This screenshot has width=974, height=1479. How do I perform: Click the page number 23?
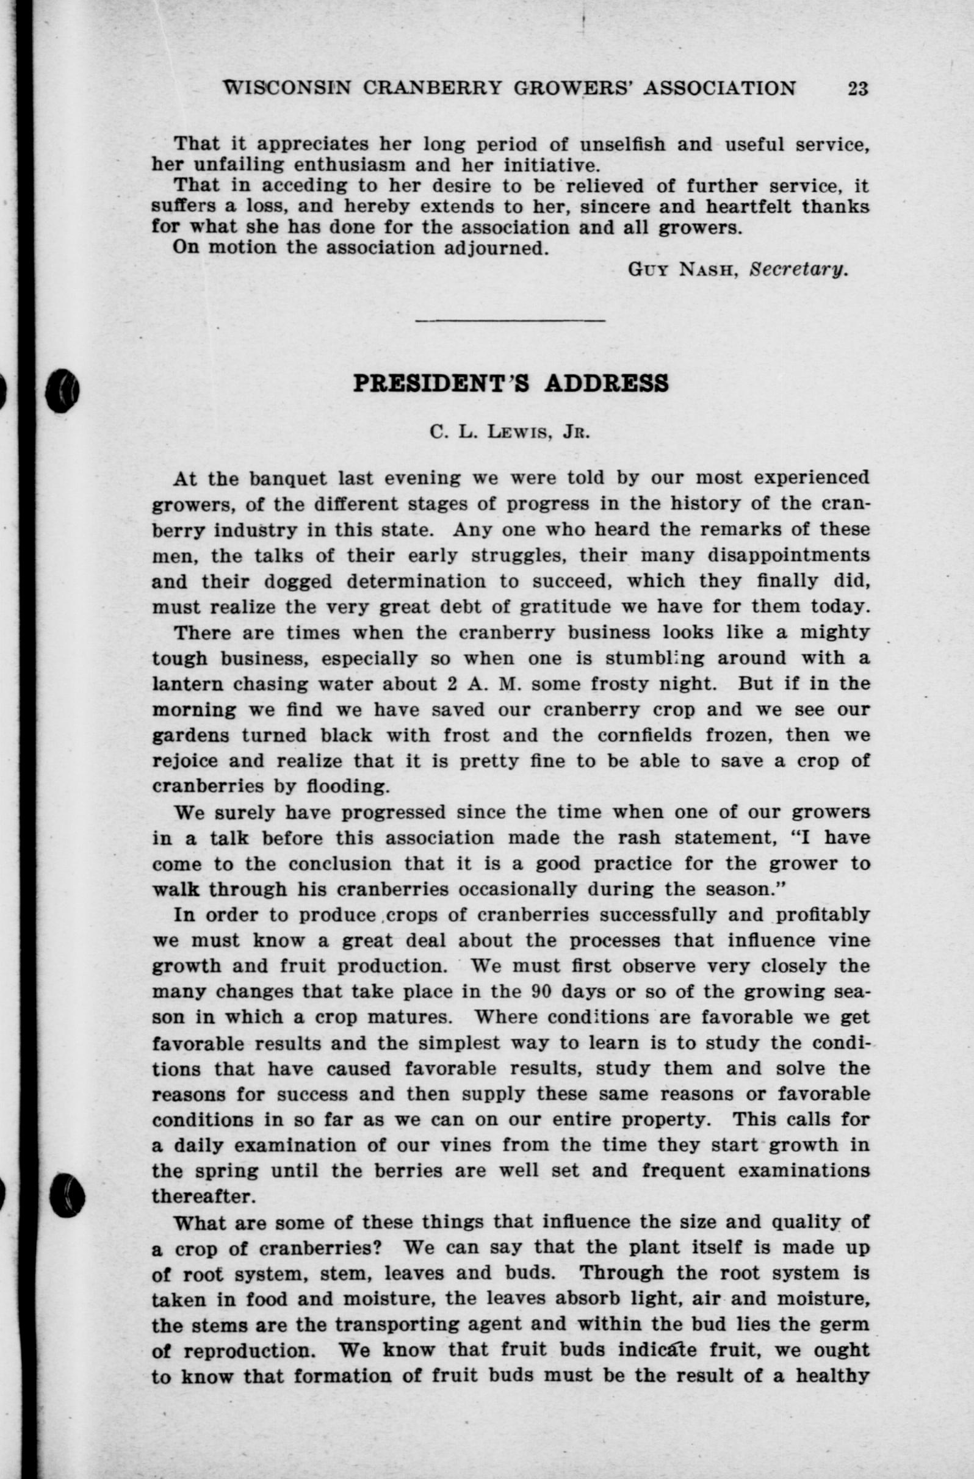coord(857,88)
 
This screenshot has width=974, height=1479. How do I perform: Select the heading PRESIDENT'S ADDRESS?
coord(510,383)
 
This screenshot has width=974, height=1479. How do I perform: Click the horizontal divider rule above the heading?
coord(510,321)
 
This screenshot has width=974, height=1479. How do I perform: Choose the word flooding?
coord(348,786)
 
